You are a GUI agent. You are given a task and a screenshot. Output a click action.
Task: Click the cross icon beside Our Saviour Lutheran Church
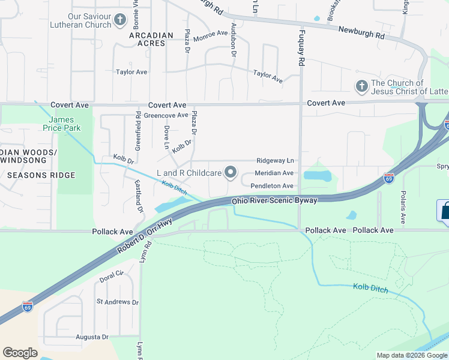click(x=120, y=20)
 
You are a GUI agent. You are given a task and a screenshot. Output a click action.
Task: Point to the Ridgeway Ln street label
click(x=276, y=161)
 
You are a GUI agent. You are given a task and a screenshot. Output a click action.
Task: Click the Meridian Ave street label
click(x=274, y=173)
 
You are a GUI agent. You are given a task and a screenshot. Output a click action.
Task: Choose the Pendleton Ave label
click(x=272, y=186)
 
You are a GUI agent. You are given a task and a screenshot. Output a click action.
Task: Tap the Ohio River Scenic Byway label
click(x=274, y=200)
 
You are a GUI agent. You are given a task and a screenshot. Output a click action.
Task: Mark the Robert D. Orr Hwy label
click(x=145, y=236)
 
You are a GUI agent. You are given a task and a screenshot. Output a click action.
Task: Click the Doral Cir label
click(x=111, y=273)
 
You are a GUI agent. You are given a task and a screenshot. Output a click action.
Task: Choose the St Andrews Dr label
click(x=117, y=302)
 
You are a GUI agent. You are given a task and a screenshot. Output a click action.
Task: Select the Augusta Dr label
click(x=92, y=337)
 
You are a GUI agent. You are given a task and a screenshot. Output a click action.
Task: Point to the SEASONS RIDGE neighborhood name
click(x=41, y=175)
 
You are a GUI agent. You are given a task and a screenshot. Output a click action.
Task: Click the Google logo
click(x=20, y=352)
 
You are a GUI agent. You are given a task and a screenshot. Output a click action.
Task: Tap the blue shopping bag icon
click(x=444, y=212)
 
